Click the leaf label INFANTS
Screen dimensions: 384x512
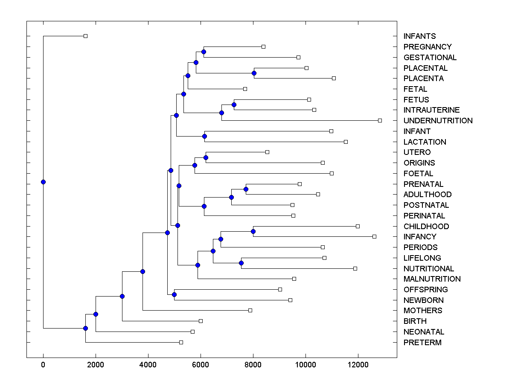click(420, 36)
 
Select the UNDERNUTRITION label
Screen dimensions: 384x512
click(438, 121)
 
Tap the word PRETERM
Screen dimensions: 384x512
click(422, 343)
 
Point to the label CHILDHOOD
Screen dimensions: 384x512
click(426, 227)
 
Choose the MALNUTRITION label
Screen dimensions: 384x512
click(432, 279)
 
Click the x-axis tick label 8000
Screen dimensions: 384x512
click(253, 365)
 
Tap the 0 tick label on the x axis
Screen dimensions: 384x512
click(43, 365)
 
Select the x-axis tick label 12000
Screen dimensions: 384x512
click(358, 365)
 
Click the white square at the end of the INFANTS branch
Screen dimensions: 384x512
click(85, 36)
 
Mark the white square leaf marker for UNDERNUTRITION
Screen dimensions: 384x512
click(380, 120)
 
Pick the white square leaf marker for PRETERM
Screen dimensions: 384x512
click(181, 342)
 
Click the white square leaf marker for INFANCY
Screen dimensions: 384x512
click(374, 236)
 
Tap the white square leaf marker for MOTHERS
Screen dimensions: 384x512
click(250, 310)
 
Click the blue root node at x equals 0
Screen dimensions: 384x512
click(43, 182)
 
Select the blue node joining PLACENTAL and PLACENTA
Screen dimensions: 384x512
click(254, 73)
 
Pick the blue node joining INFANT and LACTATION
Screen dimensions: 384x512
click(204, 137)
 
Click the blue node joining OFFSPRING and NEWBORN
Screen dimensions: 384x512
click(174, 294)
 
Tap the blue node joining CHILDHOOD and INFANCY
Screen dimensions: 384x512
click(253, 231)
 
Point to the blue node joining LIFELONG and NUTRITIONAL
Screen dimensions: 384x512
click(241, 263)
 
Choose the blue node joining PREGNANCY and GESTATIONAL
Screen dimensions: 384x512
click(204, 52)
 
